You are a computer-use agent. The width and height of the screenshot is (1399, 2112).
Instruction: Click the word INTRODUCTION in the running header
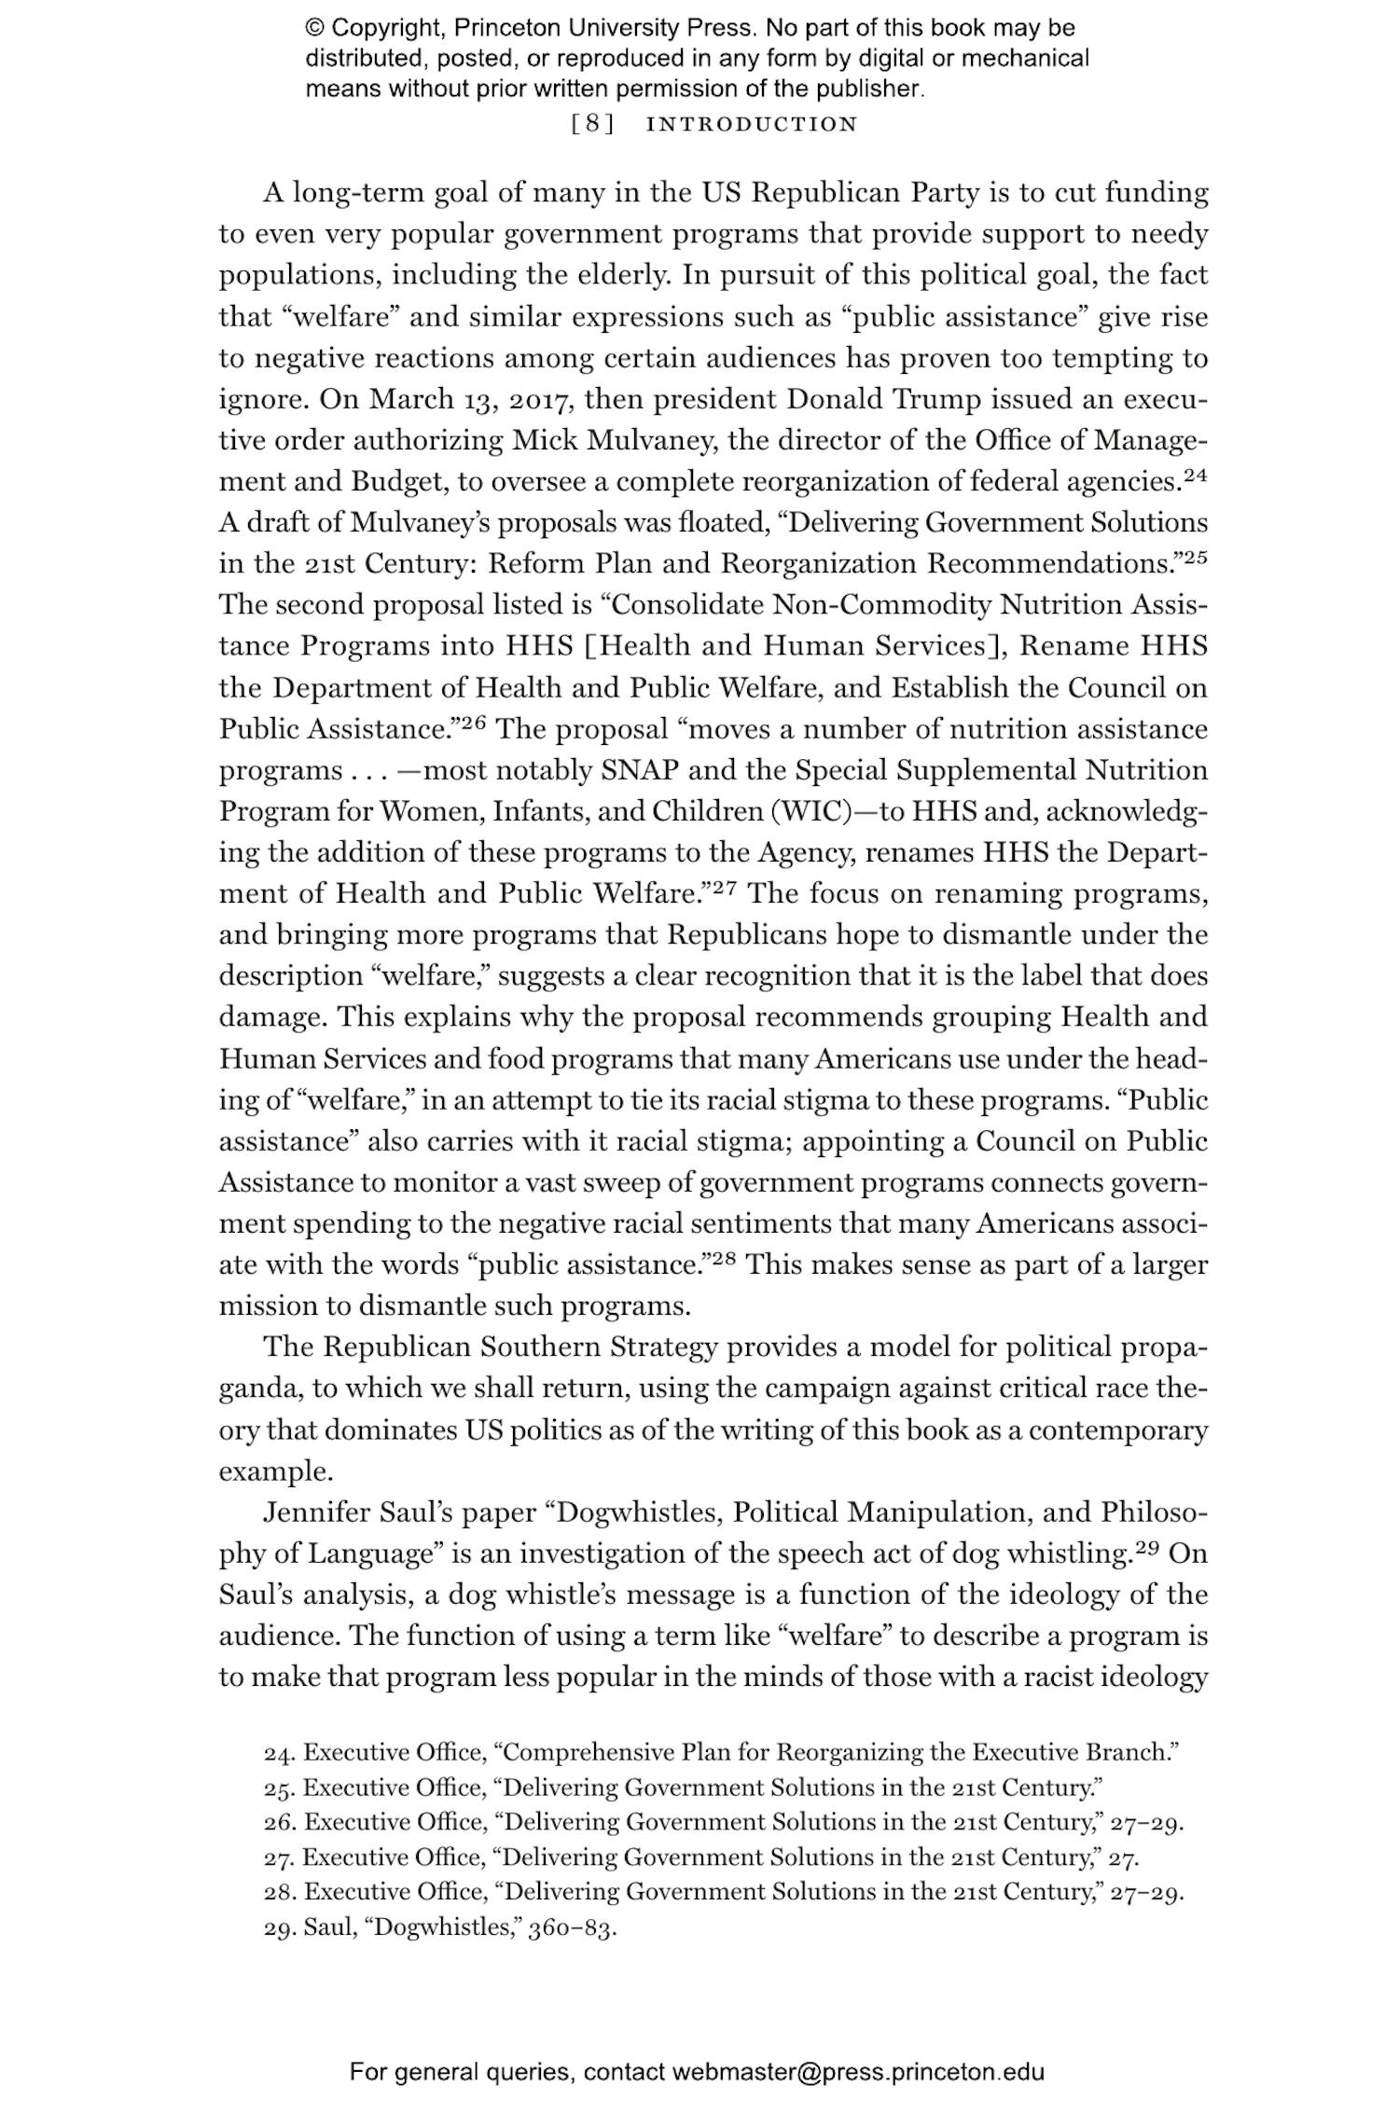click(752, 124)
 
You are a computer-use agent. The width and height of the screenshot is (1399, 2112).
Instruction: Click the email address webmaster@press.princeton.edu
click(857, 2072)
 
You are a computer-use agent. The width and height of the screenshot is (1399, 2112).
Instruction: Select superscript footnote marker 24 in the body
click(1195, 474)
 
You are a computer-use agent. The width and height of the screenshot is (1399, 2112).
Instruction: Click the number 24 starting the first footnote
click(279, 1752)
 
